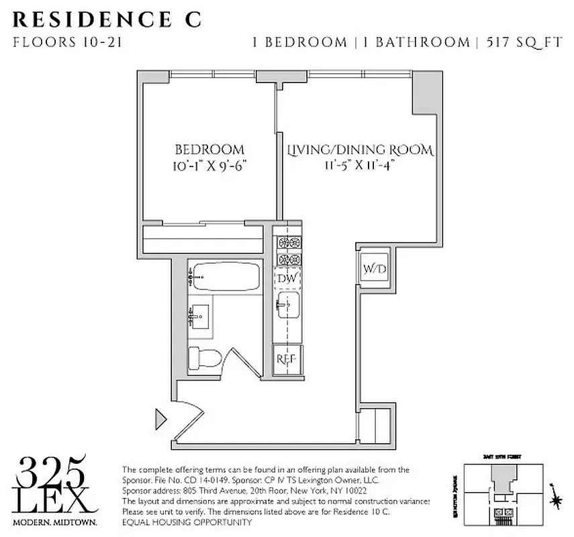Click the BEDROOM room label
[x=209, y=149]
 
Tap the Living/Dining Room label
[x=360, y=149]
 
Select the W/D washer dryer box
[x=375, y=269]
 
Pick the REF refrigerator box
[x=288, y=359]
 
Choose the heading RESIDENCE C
[x=107, y=19]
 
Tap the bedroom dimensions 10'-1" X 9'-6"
[x=209, y=165]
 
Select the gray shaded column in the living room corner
[x=424, y=92]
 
